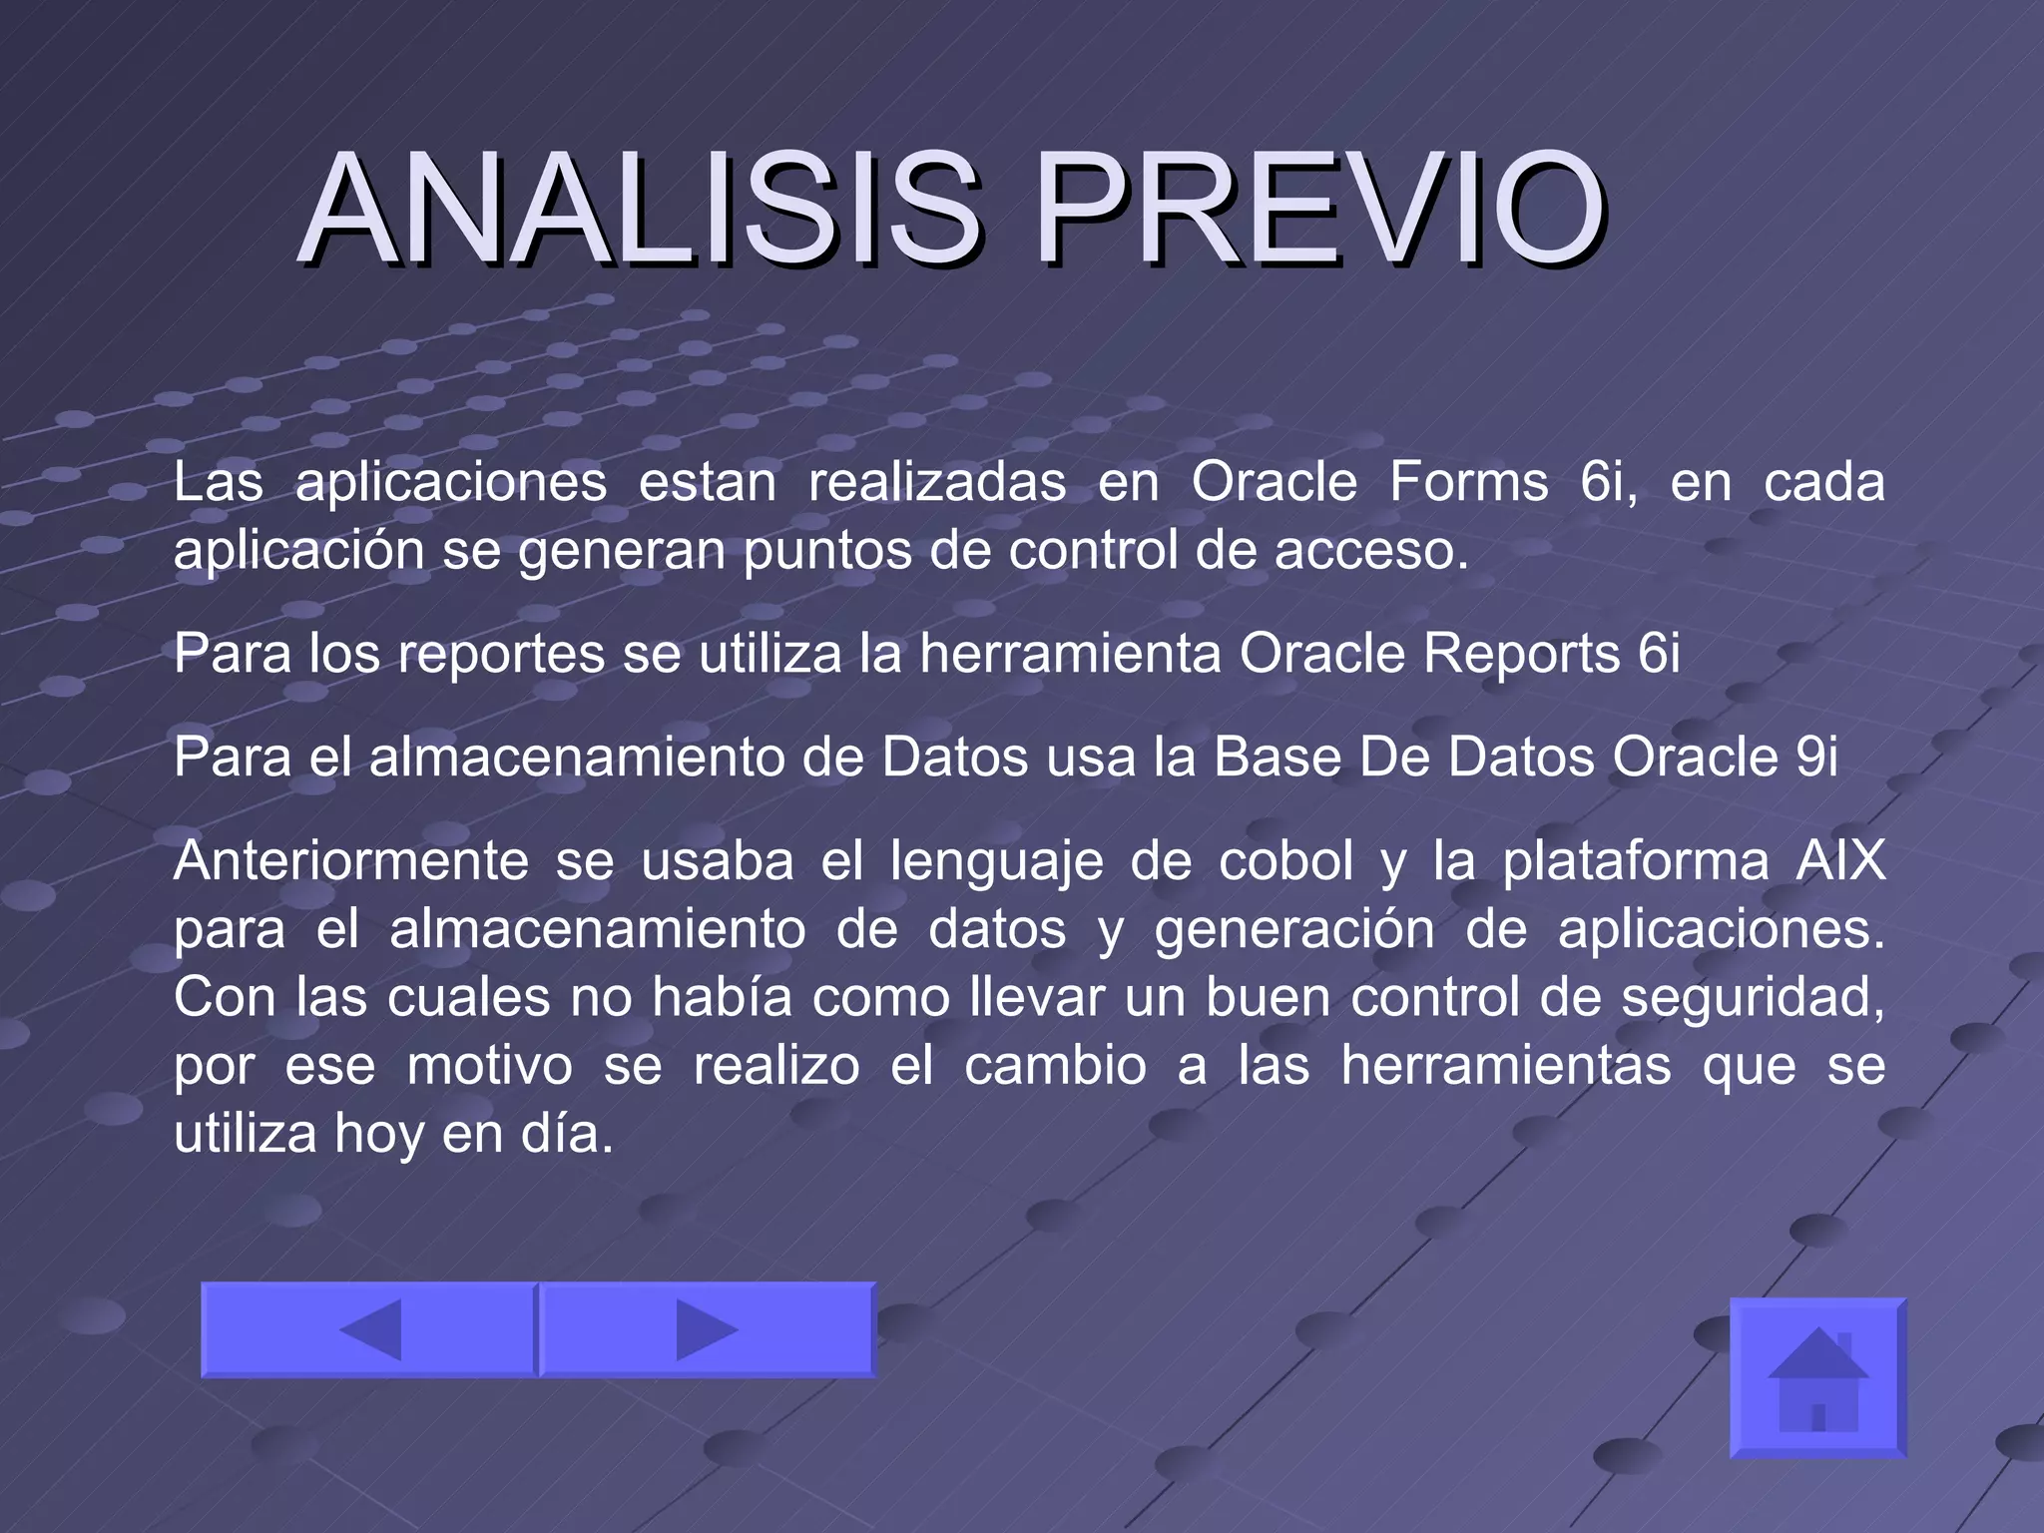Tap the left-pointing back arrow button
[369, 1329]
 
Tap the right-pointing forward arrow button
[707, 1329]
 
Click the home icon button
[1817, 1378]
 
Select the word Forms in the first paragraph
[1468, 483]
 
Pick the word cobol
[1285, 861]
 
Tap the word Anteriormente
[350, 861]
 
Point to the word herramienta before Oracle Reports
[1070, 655]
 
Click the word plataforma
[1636, 861]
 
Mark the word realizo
[776, 1066]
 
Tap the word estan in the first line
[707, 483]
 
